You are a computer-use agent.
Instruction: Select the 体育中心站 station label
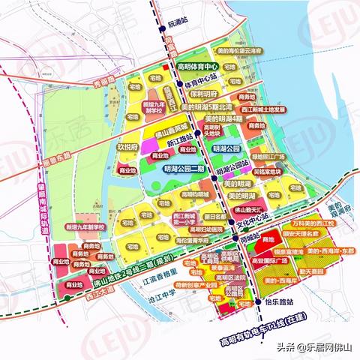pos(203,77)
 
